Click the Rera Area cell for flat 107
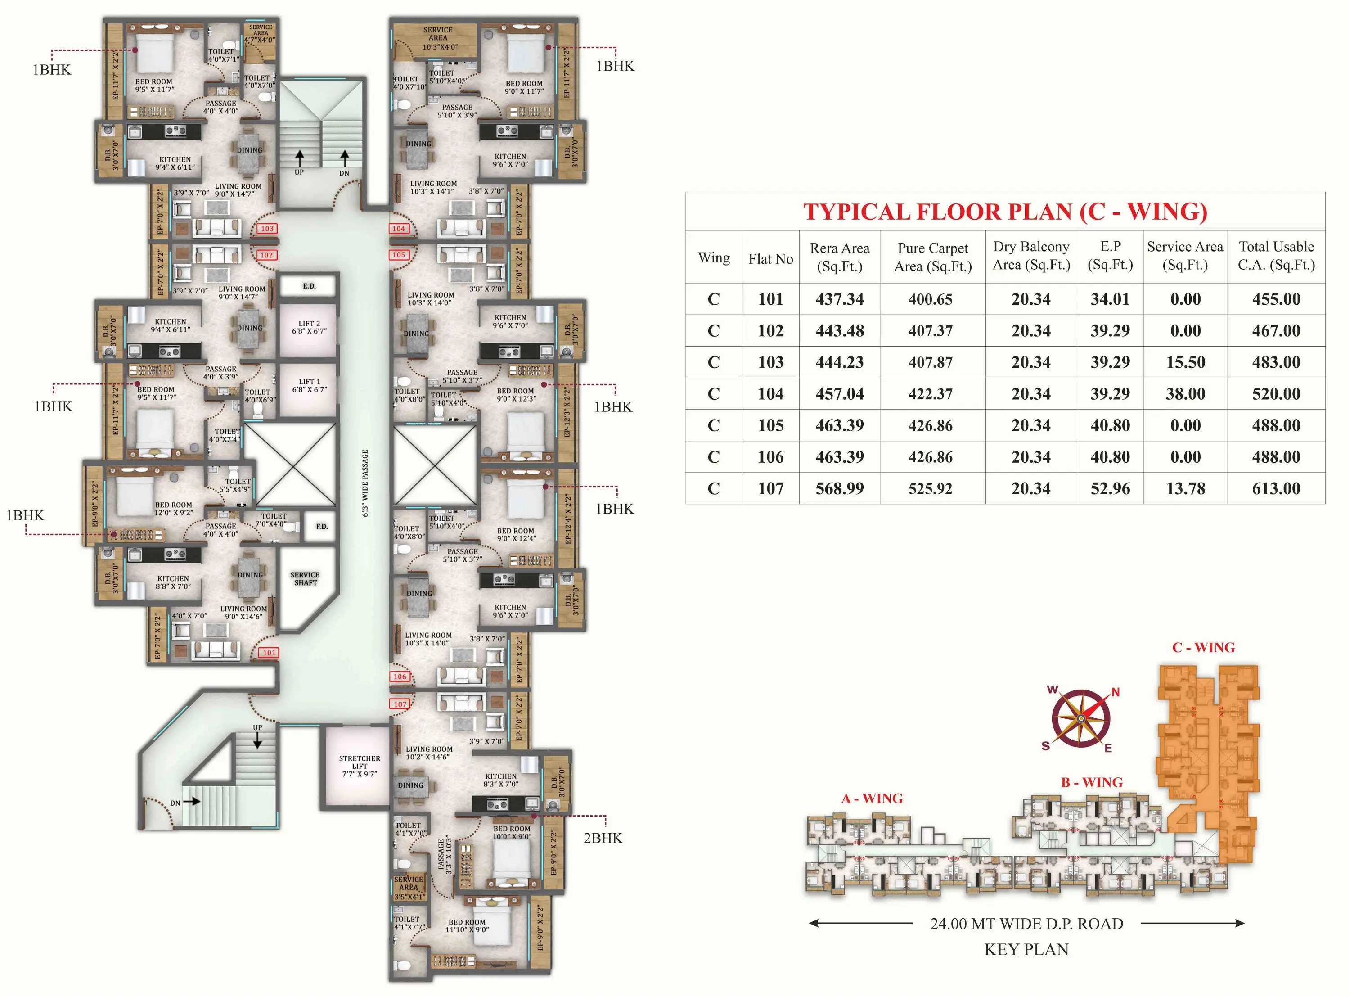839,488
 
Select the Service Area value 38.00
1185,393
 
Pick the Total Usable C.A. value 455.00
1275,299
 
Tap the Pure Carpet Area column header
932,257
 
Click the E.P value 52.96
1109,488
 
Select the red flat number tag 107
400,704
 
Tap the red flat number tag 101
269,652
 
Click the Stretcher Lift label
360,765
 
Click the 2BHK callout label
602,838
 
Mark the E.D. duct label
309,286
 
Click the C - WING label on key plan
1203,648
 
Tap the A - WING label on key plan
872,799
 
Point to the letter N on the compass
1116,692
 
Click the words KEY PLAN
1026,949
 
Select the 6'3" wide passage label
364,483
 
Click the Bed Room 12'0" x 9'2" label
173,509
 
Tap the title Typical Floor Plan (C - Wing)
1004,212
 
